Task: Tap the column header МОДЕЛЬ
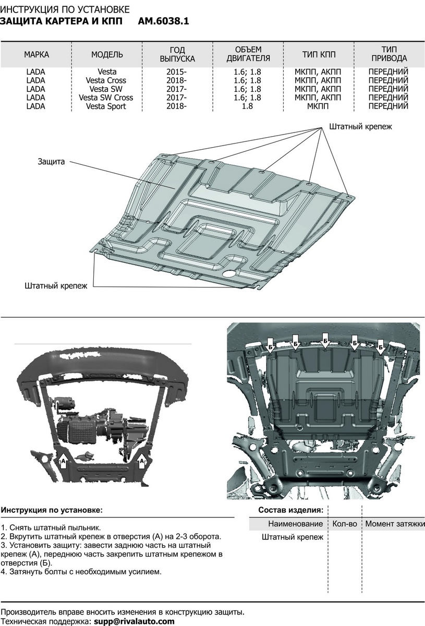click(x=107, y=54)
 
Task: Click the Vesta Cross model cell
click(x=106, y=81)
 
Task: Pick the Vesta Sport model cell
click(x=106, y=106)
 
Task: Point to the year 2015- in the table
click(x=177, y=72)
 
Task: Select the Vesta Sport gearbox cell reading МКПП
click(x=318, y=106)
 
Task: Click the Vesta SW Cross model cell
click(x=106, y=98)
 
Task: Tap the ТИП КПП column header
click(x=319, y=54)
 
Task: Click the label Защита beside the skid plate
click(x=51, y=162)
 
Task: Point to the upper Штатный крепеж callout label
click(x=360, y=127)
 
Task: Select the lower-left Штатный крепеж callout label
click(x=56, y=285)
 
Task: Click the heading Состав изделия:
click(x=290, y=510)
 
